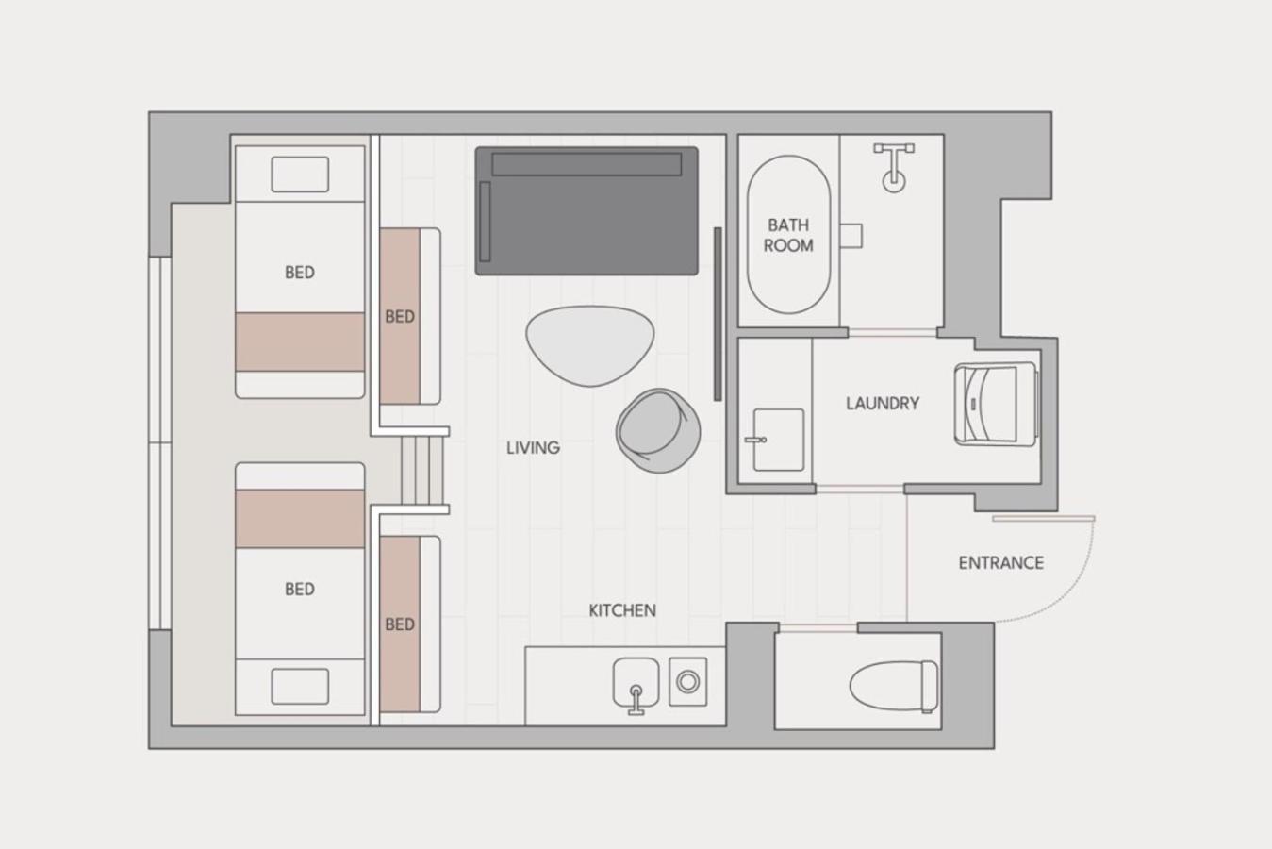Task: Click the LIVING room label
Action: (533, 448)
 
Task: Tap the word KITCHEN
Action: (622, 610)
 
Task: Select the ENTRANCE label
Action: (1001, 562)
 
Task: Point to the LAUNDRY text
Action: (883, 404)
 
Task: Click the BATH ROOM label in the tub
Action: (788, 235)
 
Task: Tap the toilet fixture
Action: (894, 686)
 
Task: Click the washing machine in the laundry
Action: (997, 404)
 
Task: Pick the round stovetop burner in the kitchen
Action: (687, 682)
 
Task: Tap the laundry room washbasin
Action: (778, 440)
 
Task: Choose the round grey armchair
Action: (658, 431)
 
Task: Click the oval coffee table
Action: (590, 345)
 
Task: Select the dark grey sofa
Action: (586, 210)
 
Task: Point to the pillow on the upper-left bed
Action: (300, 175)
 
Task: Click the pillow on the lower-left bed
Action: (300, 687)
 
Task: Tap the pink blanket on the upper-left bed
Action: (300, 341)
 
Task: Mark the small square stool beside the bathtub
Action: (851, 236)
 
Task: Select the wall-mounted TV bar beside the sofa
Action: (718, 314)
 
